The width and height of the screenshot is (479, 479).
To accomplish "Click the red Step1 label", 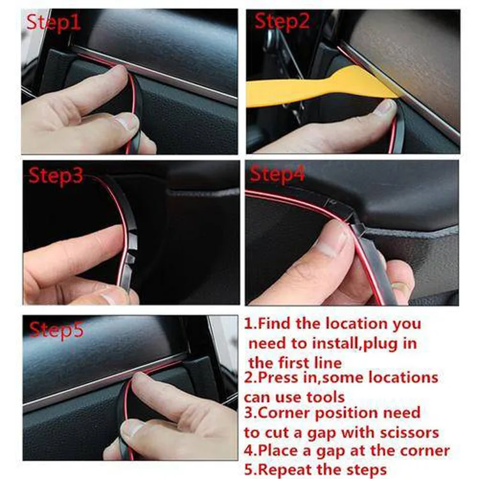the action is (54, 22).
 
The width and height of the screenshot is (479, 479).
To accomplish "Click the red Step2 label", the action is (282, 21).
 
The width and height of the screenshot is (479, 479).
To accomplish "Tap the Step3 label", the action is (56, 176).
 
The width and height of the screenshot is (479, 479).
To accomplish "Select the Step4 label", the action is (277, 174).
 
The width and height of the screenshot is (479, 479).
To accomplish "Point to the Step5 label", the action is (56, 330).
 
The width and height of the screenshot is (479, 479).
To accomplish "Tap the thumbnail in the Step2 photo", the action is (386, 107).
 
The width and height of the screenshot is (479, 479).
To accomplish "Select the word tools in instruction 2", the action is (326, 397).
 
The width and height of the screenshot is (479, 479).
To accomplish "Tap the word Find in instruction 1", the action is (274, 323).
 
